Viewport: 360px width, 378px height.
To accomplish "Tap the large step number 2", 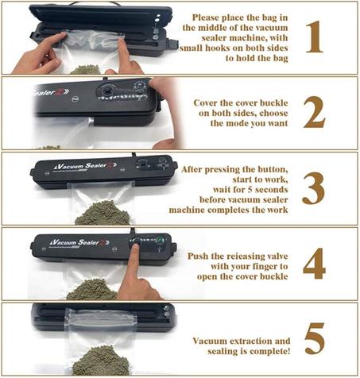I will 315,113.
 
